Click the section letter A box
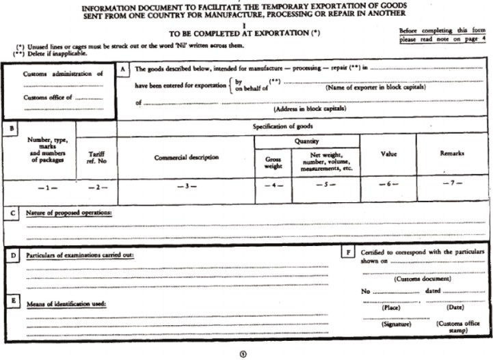click(122, 69)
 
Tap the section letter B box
click(12, 128)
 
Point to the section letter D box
click(14, 255)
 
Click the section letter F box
click(349, 252)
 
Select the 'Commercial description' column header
click(186, 157)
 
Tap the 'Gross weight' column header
click(273, 162)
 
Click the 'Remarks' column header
click(452, 154)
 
